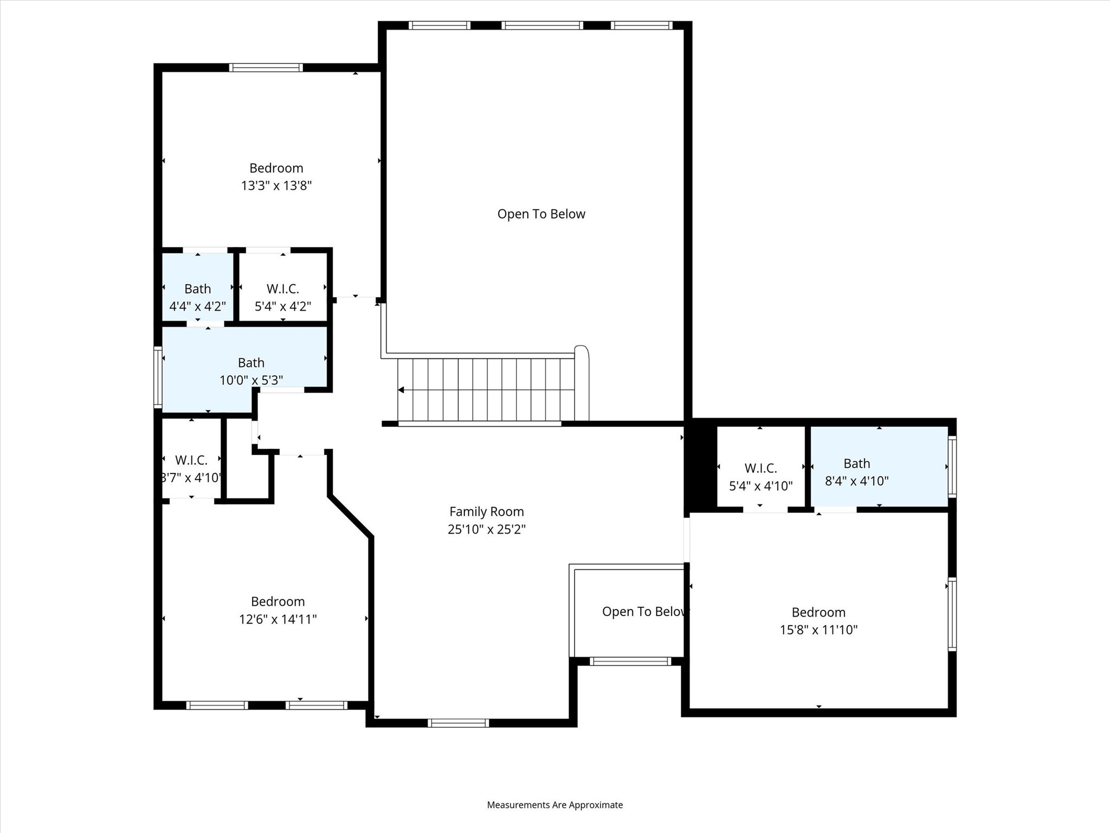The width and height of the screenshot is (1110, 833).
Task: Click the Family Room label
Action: pyautogui.click(x=486, y=511)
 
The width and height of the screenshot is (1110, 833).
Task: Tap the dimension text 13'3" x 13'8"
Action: pyautogui.click(x=276, y=185)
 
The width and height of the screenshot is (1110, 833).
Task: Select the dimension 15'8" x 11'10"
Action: pyautogui.click(x=818, y=630)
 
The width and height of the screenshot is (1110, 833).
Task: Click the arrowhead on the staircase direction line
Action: pyautogui.click(x=401, y=390)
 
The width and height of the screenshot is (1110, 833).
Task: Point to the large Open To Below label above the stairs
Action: pyautogui.click(x=541, y=214)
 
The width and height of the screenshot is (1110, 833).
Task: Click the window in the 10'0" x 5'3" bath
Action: pyautogui.click(x=158, y=377)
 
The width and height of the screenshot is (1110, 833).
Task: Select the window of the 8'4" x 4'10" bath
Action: pyautogui.click(x=952, y=466)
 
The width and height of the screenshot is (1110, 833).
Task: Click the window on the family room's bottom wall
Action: pyautogui.click(x=458, y=722)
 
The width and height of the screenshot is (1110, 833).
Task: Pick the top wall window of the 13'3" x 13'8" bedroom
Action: pyautogui.click(x=266, y=68)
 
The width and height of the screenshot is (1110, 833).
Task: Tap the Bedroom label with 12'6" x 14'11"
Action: pyautogui.click(x=277, y=601)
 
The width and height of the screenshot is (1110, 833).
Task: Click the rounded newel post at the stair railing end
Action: pyautogui.click(x=581, y=350)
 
